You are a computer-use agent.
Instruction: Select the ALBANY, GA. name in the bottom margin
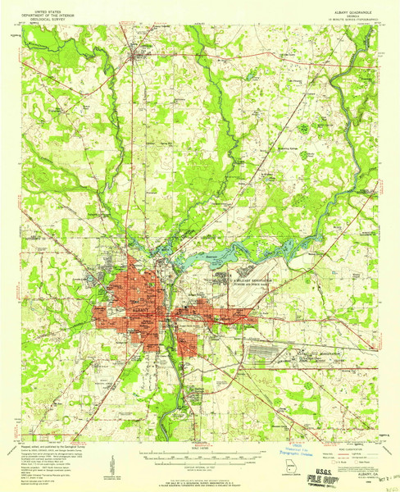point(349,462)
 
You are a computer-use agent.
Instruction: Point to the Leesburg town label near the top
point(139,53)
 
